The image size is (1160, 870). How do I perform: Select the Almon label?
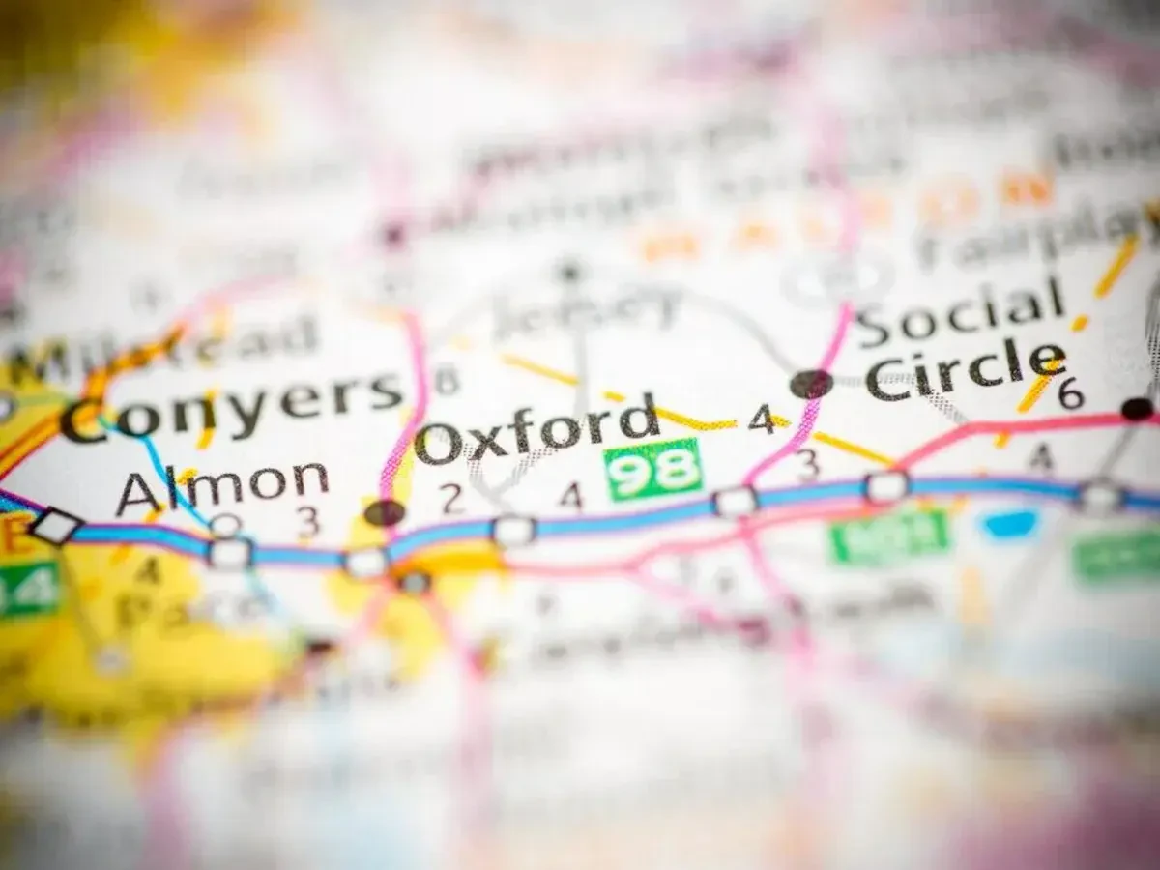tap(222, 484)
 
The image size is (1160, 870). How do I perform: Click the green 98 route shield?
tap(654, 470)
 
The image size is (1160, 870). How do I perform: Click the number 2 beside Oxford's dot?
tap(449, 498)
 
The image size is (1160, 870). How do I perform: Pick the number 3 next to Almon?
tap(307, 522)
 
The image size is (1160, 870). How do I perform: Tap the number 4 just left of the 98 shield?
tap(571, 496)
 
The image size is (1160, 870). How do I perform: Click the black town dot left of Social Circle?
tap(810, 384)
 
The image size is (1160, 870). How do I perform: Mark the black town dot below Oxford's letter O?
tap(385, 512)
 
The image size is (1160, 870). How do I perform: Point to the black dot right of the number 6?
tap(1138, 408)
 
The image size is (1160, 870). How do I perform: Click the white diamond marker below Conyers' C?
tap(55, 526)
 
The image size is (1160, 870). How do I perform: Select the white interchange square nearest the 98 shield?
tap(735, 501)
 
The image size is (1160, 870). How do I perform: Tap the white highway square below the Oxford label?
tap(513, 530)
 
